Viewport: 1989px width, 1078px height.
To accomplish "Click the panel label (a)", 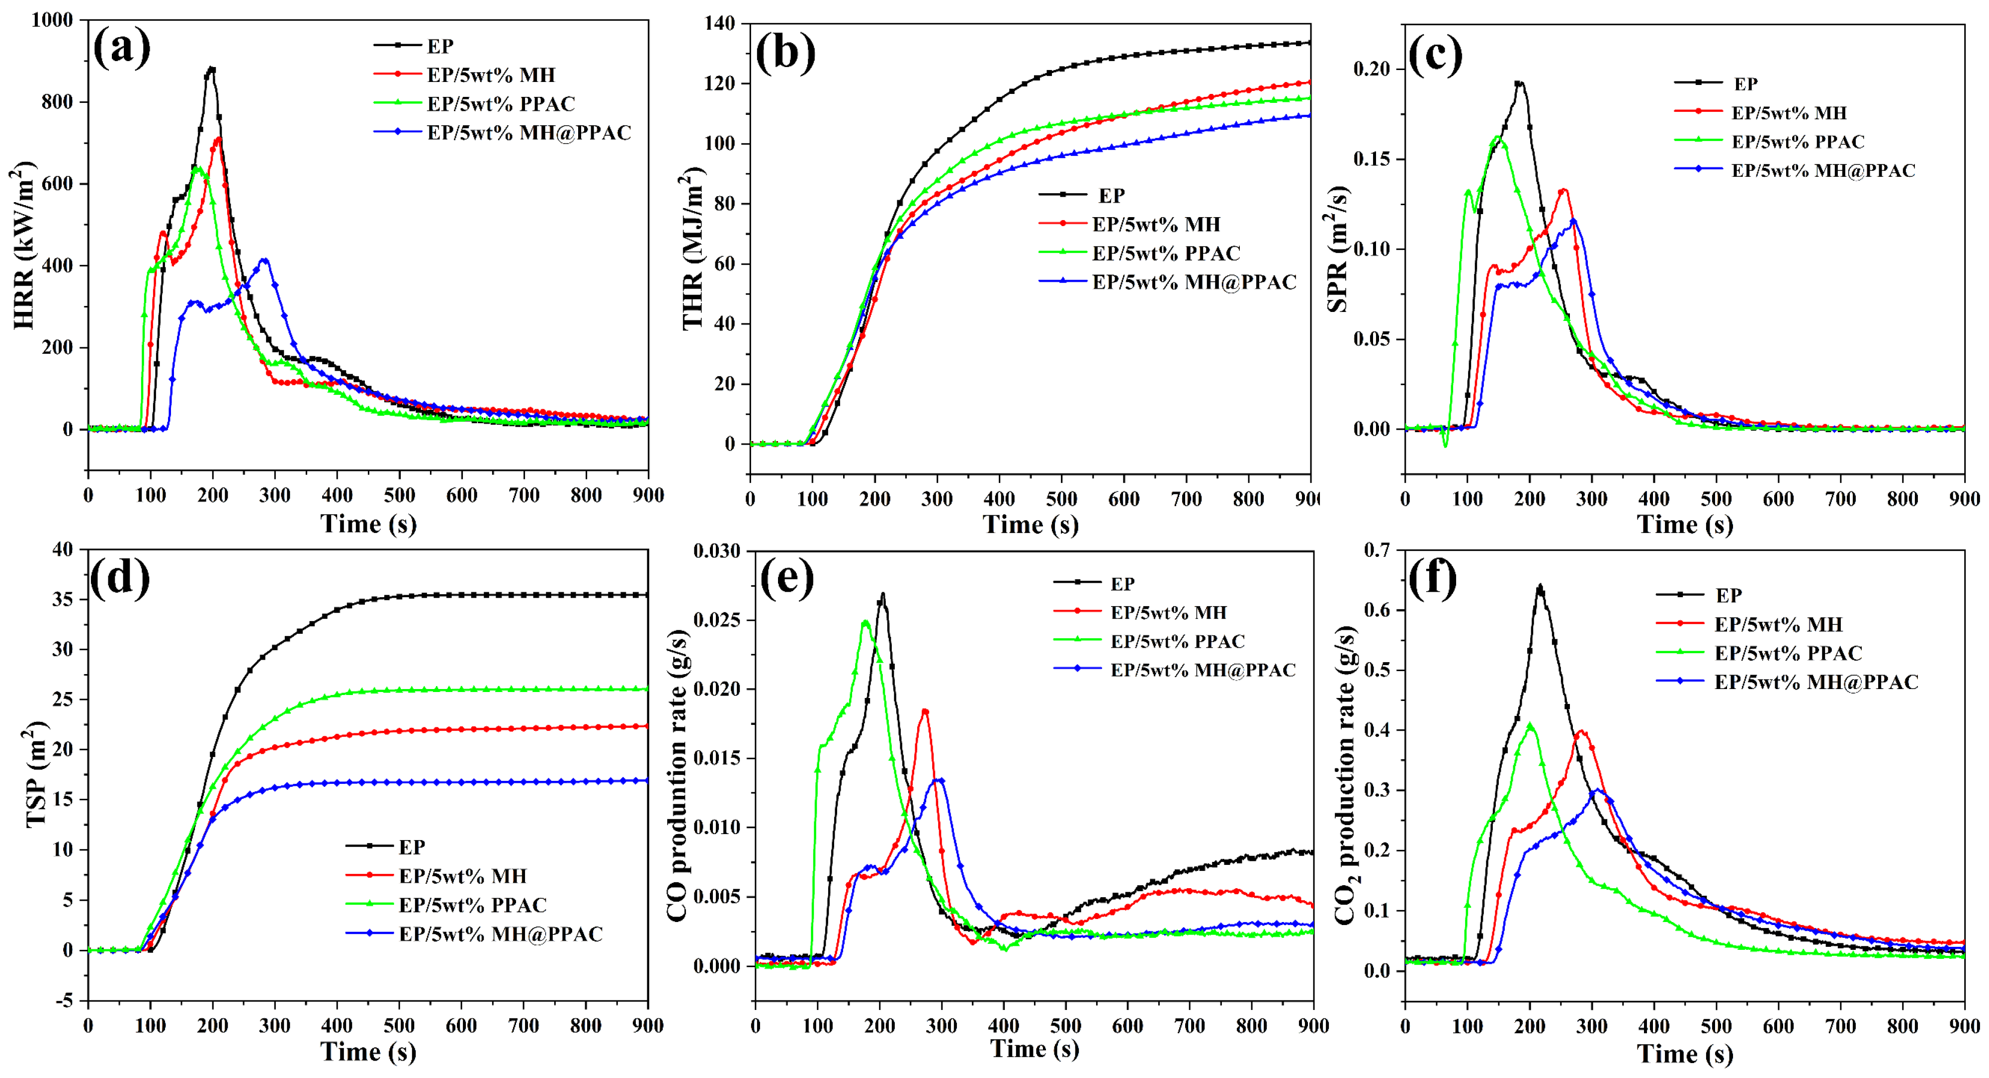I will click(x=121, y=48).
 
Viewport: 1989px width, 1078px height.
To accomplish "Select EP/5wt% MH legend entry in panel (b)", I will click(x=1155, y=225).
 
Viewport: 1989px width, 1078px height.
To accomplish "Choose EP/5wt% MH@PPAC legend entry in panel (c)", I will click(x=1823, y=170).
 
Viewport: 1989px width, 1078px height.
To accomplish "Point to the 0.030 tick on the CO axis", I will click(x=716, y=551).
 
